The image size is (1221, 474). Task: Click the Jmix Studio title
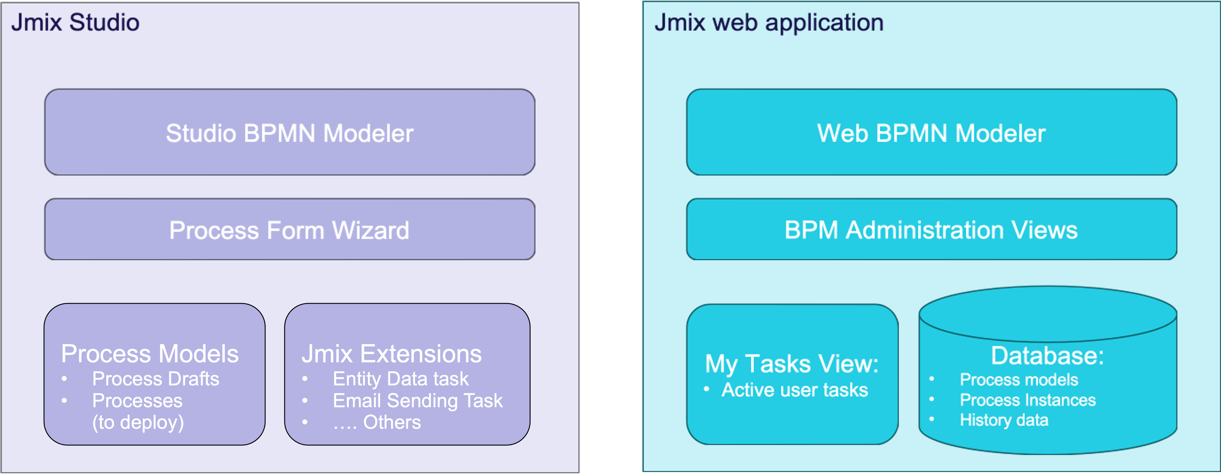click(75, 22)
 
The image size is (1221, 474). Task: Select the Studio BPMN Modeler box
click(290, 133)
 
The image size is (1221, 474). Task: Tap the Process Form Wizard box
click(290, 230)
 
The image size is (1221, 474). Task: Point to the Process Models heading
click(150, 354)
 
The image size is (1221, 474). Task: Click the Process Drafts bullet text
click(156, 379)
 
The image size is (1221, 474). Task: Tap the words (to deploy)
click(138, 422)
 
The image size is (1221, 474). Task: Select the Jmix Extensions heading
click(392, 354)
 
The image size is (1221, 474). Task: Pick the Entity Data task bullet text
click(400, 379)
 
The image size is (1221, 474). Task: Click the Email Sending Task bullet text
click(417, 401)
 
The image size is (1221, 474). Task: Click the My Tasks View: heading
click(791, 364)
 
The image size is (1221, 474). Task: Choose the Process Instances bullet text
click(1027, 400)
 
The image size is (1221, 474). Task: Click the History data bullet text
click(1004, 420)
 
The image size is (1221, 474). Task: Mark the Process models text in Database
click(1019, 379)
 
